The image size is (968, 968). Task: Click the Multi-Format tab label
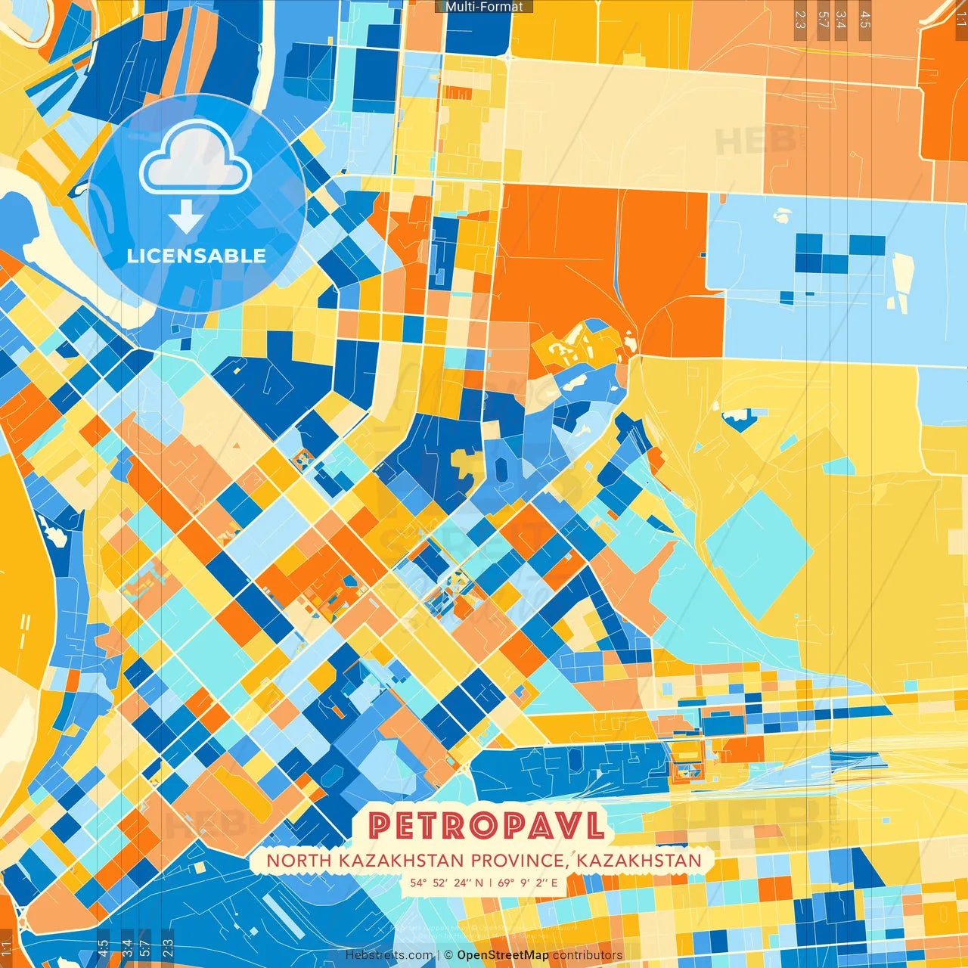point(484,7)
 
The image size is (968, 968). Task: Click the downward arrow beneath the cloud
point(186,217)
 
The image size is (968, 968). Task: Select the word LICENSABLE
point(196,256)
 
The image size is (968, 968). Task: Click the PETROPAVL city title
point(488,826)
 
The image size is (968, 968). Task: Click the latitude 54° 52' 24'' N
point(446,883)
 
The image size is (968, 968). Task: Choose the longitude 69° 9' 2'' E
point(528,883)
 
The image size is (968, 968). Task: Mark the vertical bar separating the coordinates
point(490,883)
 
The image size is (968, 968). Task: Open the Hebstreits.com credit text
point(389,955)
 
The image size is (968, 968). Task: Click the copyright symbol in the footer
point(448,955)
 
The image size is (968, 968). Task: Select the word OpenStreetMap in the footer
point(503,955)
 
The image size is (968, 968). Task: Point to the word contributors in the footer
point(588,955)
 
